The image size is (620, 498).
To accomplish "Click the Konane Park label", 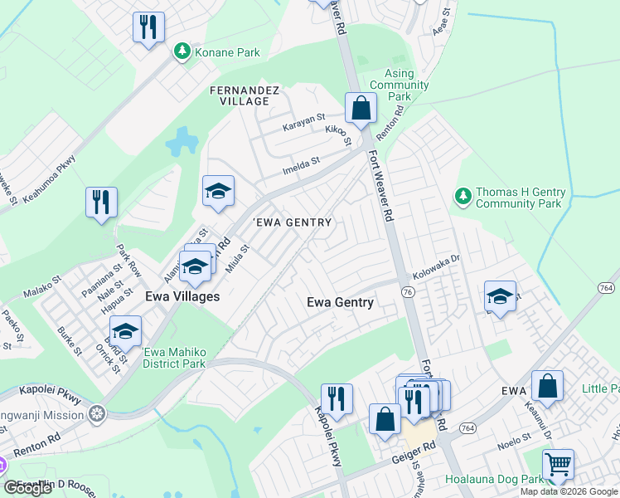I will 227,52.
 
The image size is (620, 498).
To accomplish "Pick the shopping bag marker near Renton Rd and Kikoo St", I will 361,108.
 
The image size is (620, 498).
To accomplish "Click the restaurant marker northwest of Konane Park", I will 148,27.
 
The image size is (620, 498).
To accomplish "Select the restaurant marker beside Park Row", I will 101,202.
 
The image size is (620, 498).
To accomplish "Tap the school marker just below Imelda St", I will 218,191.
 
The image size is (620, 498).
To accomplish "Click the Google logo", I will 27,487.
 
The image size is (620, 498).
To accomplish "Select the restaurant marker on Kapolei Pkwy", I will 337,399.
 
